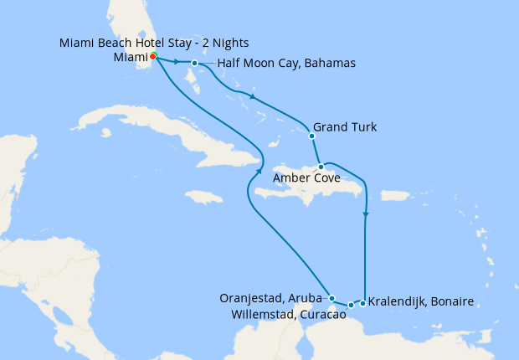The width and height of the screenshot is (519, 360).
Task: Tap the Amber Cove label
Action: point(306,177)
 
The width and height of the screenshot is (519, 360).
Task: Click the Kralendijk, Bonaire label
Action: point(421,301)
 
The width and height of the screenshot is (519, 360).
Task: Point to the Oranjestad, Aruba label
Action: point(270,297)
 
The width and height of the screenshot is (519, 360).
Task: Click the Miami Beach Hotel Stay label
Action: point(154,43)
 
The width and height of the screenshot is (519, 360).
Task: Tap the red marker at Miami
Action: point(153,57)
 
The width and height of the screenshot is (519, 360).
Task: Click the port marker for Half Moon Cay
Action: point(194,64)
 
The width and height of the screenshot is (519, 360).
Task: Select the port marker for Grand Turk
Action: point(311,136)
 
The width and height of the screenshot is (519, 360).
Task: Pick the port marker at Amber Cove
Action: point(321,167)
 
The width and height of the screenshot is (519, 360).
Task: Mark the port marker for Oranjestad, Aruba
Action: point(332,298)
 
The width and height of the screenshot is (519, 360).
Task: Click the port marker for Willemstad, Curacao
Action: point(351,305)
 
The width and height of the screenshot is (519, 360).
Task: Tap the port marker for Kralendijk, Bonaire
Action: point(362,301)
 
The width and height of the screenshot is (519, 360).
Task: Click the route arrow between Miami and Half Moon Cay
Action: point(177,62)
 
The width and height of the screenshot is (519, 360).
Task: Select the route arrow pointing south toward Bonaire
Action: point(366,214)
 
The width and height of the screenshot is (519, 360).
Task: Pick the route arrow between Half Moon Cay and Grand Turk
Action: point(252,97)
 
